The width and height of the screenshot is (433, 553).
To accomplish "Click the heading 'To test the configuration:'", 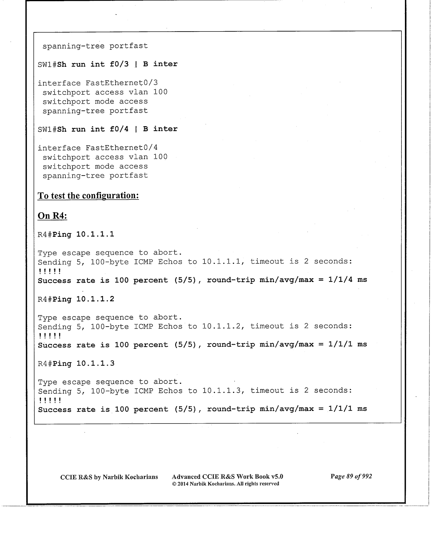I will point(88,195).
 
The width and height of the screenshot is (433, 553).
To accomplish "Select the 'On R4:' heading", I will point(52,216).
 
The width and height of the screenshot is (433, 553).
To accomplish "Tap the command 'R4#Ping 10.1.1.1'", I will point(76,234).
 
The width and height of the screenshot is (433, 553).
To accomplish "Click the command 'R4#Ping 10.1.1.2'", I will point(76,299).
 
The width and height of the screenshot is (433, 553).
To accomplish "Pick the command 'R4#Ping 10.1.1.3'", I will point(76,364).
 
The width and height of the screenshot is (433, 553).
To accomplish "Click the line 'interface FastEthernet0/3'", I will point(98,83).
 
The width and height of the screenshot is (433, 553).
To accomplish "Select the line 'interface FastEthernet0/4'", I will point(98,148).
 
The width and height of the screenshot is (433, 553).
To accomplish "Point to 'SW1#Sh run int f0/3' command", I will point(107,64).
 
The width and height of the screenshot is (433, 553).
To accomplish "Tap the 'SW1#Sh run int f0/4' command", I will point(107,129).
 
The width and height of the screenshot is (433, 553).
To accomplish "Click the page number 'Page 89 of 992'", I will point(351,476).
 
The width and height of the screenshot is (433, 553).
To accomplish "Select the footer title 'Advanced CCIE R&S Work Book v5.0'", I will point(227,477).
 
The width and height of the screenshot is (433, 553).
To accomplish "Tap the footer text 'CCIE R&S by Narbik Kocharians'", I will point(109,477).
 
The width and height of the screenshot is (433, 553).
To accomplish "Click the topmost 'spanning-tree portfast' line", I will point(95,46).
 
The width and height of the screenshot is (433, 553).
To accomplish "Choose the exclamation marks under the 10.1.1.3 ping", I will point(50,400).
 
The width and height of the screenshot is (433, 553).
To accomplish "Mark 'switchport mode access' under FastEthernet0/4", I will point(95,167).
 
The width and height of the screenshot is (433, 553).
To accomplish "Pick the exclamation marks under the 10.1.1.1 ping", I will point(50,271).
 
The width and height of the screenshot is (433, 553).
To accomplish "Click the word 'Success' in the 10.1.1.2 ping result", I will point(55,345).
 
